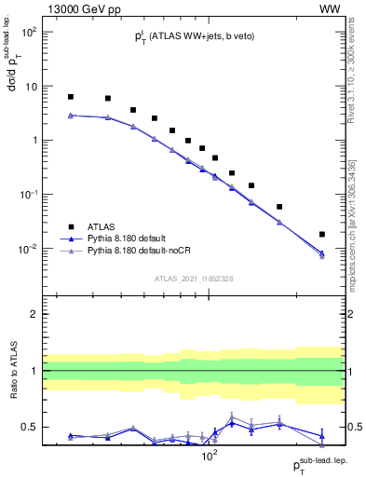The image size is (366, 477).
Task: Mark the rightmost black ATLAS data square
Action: click(x=322, y=235)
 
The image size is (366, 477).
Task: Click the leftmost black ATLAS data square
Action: click(x=71, y=97)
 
